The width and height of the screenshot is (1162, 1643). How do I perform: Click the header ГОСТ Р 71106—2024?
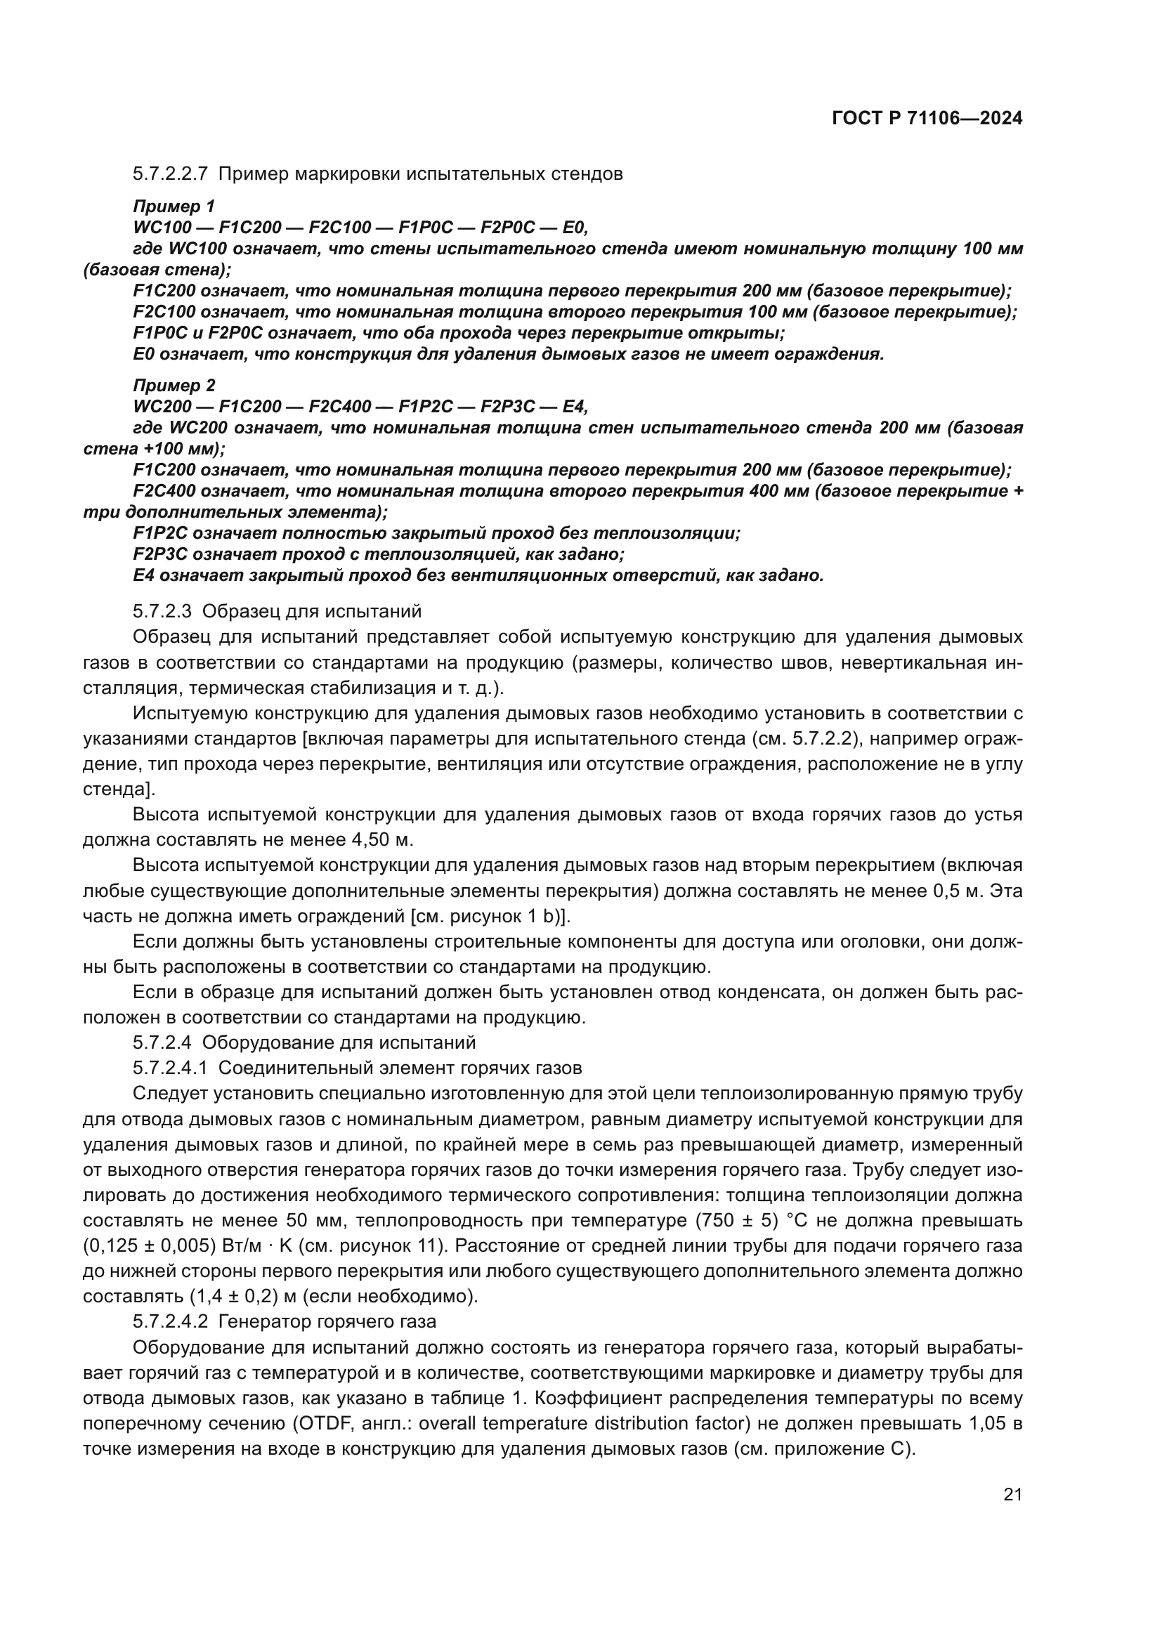click(x=927, y=119)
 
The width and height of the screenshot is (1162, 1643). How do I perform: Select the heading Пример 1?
click(x=174, y=207)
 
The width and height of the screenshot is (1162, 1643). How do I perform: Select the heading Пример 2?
click(x=174, y=386)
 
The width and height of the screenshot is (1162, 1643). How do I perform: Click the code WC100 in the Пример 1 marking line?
click(x=162, y=228)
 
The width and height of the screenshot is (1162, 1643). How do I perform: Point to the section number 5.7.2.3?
click(x=162, y=611)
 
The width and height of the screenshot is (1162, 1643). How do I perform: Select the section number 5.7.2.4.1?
click(x=169, y=1068)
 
